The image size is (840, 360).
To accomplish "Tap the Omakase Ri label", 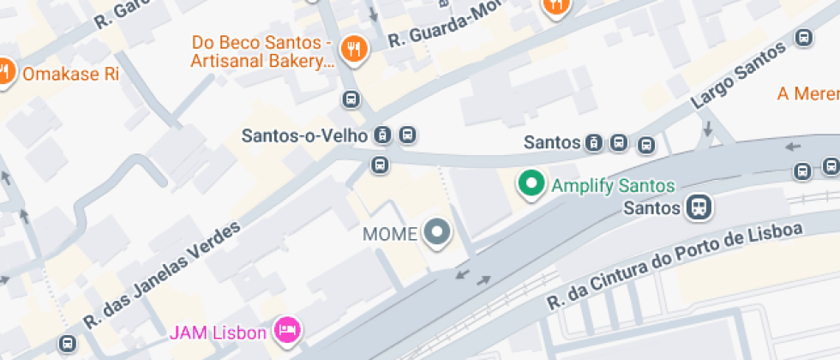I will click(70, 74).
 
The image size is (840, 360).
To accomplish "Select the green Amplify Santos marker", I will click(531, 184).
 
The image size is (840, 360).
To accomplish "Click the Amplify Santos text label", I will click(613, 185).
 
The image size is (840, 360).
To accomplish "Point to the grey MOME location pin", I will click(438, 231).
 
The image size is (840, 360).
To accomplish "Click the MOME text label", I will click(390, 232).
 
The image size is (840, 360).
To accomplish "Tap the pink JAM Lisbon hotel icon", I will click(285, 329).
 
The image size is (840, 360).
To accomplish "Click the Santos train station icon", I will click(699, 207).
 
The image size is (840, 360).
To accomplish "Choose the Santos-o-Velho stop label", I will click(304, 135).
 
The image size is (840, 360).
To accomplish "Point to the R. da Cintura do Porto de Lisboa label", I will click(677, 267).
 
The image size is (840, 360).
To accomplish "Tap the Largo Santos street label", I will click(737, 75).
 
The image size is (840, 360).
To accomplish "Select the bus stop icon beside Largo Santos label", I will click(804, 38).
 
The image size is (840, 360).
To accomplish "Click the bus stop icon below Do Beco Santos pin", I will click(351, 99).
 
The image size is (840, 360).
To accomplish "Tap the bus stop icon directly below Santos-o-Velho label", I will click(380, 164).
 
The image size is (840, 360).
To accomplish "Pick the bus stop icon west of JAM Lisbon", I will click(67, 344).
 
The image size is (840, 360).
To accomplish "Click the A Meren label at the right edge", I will click(807, 93).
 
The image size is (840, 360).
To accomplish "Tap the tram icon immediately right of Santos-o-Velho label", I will click(383, 135).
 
